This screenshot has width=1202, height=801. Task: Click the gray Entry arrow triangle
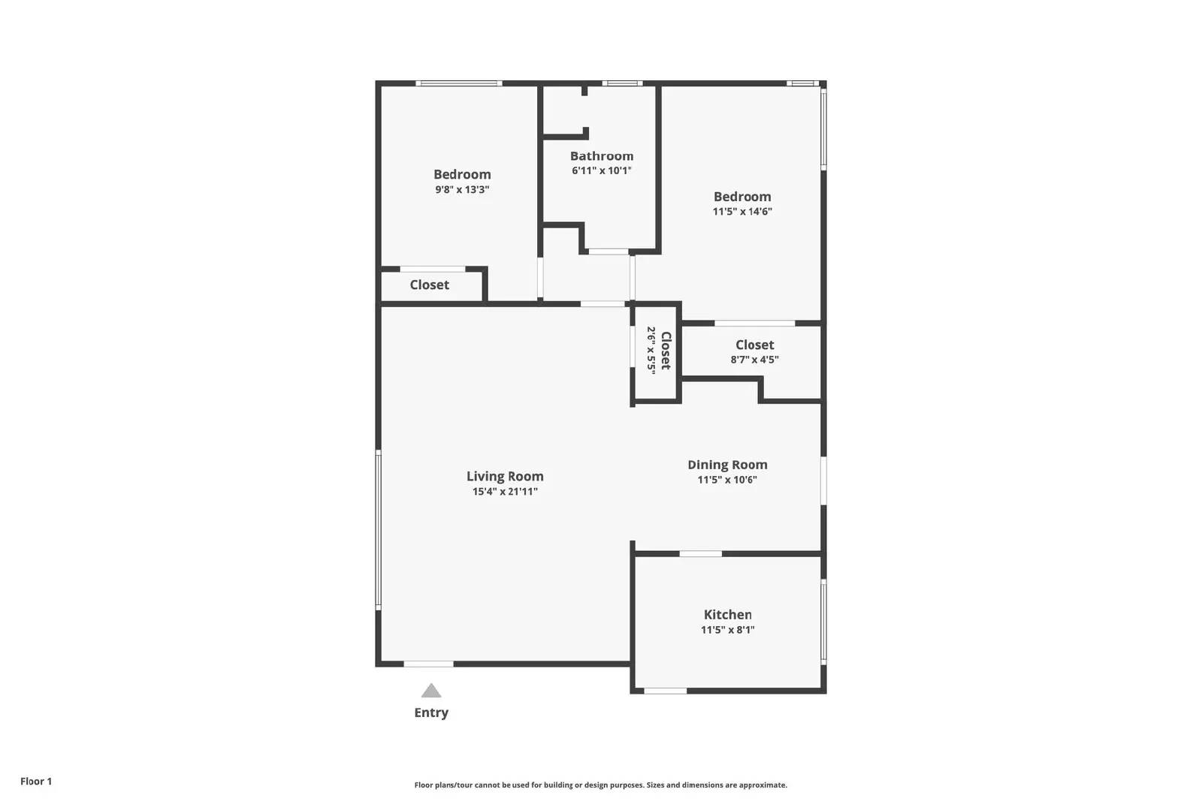click(431, 691)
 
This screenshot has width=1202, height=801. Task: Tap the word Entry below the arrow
click(431, 712)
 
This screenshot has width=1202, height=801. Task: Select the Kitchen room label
click(728, 614)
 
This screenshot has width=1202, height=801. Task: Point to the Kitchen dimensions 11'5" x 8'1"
click(728, 629)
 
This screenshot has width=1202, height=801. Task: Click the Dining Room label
click(727, 465)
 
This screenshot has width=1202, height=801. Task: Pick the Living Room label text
click(505, 477)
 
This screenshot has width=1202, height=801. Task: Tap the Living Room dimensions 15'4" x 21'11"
click(505, 492)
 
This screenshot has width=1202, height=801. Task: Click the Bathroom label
click(602, 156)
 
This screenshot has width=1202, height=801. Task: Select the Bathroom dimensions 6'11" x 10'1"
click(602, 170)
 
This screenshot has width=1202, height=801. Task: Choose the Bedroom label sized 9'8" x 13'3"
click(462, 174)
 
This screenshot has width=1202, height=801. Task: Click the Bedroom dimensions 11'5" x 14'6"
click(742, 211)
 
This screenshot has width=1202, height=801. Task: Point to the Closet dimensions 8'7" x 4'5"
click(754, 360)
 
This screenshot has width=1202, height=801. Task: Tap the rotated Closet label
click(666, 351)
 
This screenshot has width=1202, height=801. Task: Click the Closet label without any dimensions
click(429, 285)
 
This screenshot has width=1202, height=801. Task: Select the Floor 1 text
click(36, 781)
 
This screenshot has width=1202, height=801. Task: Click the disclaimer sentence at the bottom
click(600, 785)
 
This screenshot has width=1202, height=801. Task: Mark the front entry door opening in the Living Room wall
click(428, 664)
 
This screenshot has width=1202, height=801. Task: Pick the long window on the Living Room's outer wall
click(379, 530)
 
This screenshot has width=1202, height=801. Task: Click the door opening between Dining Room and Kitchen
click(701, 553)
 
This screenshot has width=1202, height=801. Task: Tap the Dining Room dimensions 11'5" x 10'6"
click(727, 480)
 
